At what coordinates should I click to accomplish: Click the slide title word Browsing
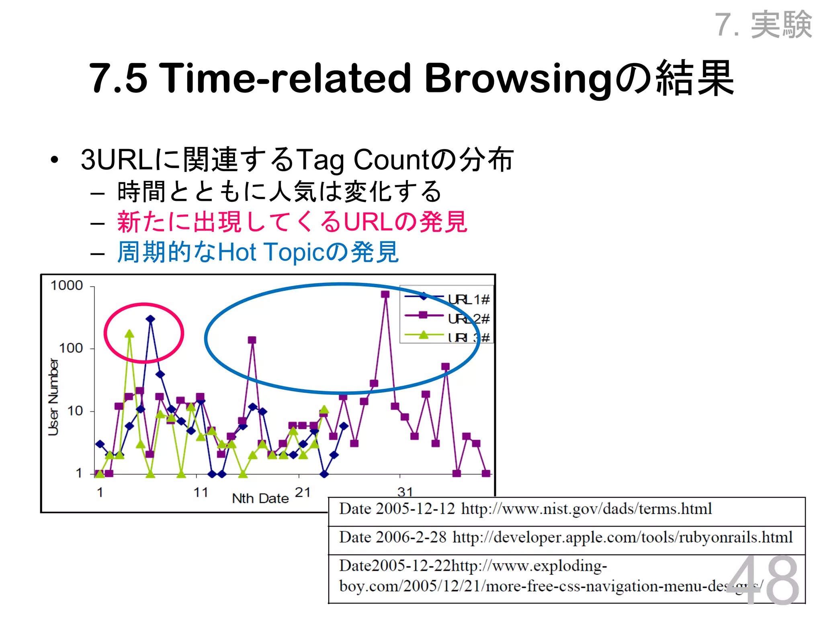pyautogui.click(x=518, y=78)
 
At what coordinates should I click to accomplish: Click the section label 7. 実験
pyautogui.click(x=764, y=25)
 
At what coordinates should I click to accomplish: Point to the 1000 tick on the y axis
pyautogui.click(x=67, y=286)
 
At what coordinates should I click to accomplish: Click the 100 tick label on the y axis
pyautogui.click(x=71, y=348)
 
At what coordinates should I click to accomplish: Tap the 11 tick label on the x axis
pyautogui.click(x=201, y=492)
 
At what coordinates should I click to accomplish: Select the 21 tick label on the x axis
pyautogui.click(x=303, y=492)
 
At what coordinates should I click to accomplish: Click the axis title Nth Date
pyautogui.click(x=260, y=499)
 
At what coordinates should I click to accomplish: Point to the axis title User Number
pyautogui.click(x=53, y=397)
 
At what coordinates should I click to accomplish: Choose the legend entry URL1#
pyautogui.click(x=469, y=300)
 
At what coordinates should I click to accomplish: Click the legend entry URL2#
pyautogui.click(x=469, y=319)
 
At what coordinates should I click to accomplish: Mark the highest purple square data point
pyautogui.click(x=385, y=294)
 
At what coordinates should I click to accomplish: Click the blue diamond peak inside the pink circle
pyautogui.click(x=150, y=319)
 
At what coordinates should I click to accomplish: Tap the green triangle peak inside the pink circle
pyautogui.click(x=129, y=334)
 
